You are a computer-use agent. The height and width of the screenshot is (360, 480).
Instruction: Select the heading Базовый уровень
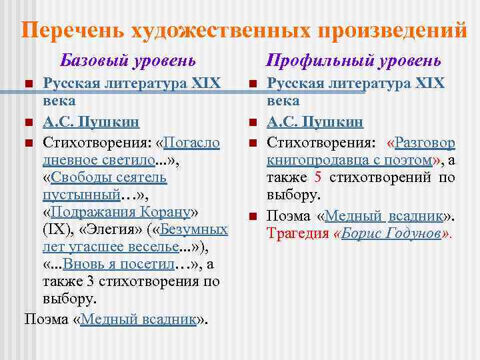128,61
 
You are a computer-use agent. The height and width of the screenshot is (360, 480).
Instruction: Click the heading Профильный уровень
353,61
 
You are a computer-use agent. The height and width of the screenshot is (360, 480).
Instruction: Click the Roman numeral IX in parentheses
55,230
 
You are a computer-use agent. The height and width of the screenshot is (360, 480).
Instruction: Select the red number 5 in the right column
318,178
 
